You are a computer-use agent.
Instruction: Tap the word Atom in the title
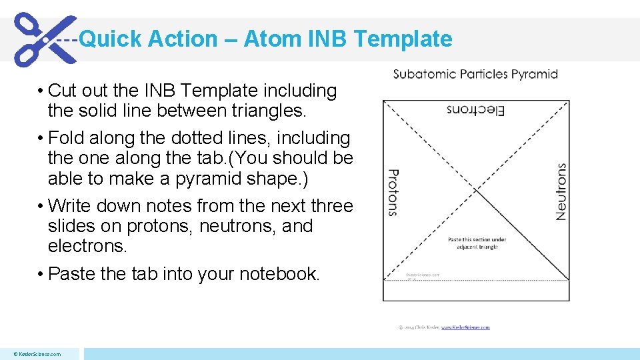[x=273, y=39]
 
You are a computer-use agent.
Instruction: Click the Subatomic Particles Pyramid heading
[x=475, y=74]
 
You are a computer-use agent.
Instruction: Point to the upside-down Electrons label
[x=475, y=110]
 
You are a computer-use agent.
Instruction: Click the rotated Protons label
[x=393, y=192]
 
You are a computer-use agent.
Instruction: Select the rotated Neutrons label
[x=561, y=192]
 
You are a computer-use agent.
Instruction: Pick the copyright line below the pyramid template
[x=444, y=327]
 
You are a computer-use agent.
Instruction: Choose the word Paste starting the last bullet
[x=73, y=274]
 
